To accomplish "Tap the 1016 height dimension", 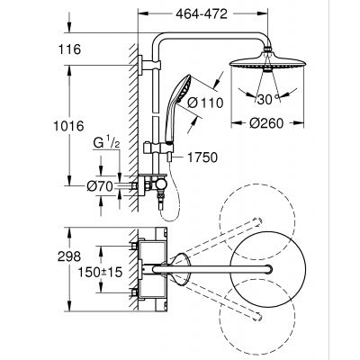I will tap(80, 129).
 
